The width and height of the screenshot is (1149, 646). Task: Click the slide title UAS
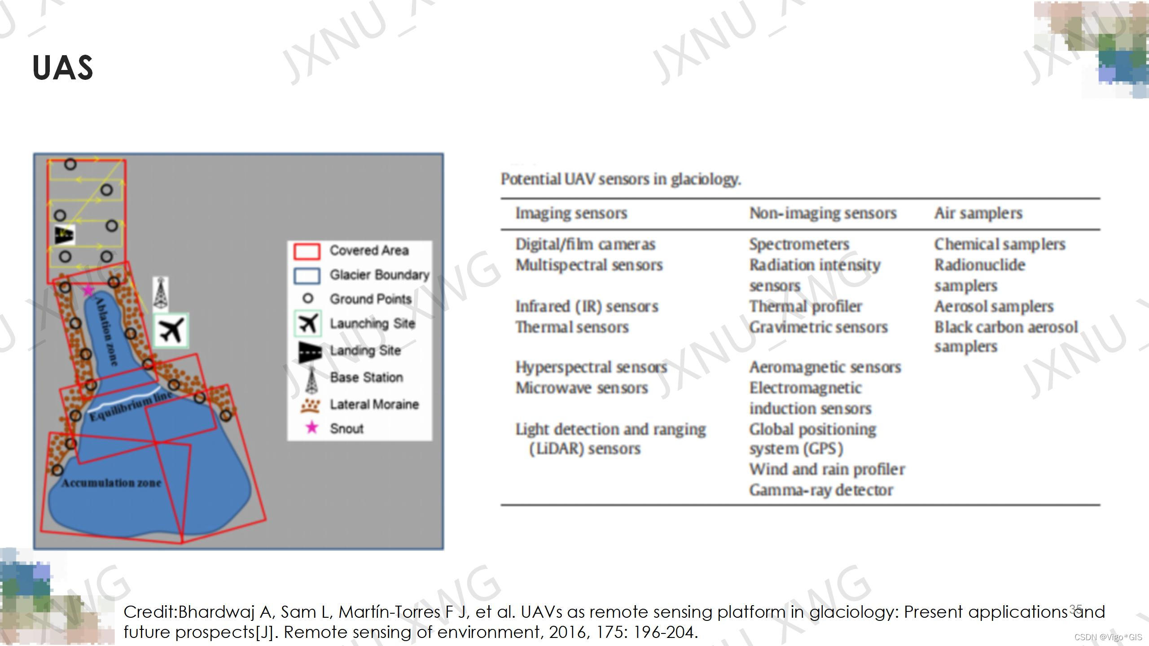[x=63, y=68]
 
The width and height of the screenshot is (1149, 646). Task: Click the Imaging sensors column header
[x=571, y=213]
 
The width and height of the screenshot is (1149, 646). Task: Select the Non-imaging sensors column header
[x=823, y=213]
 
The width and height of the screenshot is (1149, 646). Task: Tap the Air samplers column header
[x=978, y=213]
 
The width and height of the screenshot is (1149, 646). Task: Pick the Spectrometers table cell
[x=799, y=244]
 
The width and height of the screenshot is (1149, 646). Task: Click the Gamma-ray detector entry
[x=821, y=490]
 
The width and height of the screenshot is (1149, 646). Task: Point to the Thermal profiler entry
[x=806, y=306]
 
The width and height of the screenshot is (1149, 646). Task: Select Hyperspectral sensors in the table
[x=591, y=367]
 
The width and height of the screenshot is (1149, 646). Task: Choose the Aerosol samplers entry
[x=994, y=306]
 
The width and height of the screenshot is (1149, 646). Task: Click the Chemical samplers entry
[x=1000, y=244]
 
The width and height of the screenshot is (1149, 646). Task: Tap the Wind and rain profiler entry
[x=827, y=469]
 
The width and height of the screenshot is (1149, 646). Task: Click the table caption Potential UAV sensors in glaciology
[x=621, y=179]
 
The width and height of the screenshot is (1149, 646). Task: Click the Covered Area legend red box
[x=307, y=251]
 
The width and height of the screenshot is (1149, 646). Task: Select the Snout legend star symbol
[x=311, y=428]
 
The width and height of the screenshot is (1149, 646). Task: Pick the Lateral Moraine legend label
[x=374, y=404]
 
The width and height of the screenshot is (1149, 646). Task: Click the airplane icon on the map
[x=171, y=331]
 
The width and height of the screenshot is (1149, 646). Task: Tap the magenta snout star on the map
[x=88, y=290]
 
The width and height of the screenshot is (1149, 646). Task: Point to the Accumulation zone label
[x=111, y=483]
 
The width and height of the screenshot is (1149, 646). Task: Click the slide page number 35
[x=1075, y=609]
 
